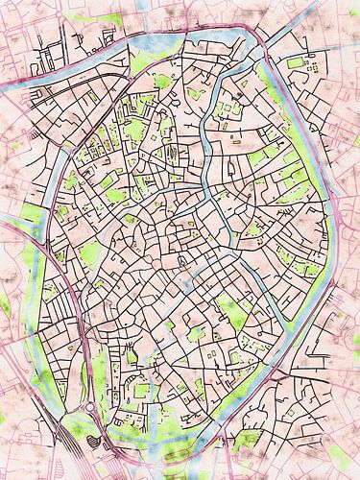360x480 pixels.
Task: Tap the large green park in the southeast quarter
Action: tap(230, 312)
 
